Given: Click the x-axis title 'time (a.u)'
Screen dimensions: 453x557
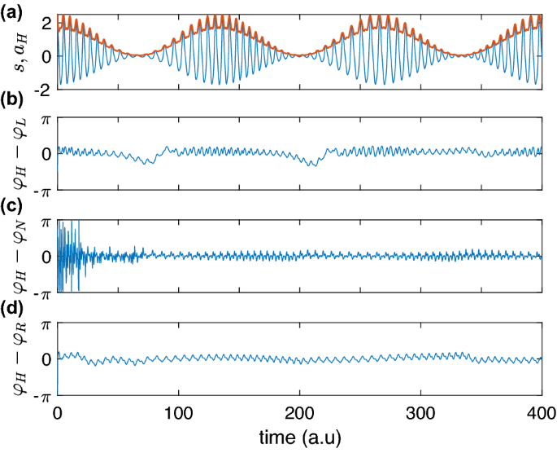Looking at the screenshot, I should pyautogui.click(x=298, y=438).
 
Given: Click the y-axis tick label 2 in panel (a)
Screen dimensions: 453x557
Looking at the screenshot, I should pyautogui.click(x=46, y=24).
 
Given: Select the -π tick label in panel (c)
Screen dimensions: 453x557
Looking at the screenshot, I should pyautogui.click(x=41, y=292).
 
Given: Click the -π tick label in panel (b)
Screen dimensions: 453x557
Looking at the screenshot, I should pyautogui.click(x=41, y=189).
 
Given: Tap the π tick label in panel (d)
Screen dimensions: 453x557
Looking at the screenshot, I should pyautogui.click(x=46, y=324).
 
